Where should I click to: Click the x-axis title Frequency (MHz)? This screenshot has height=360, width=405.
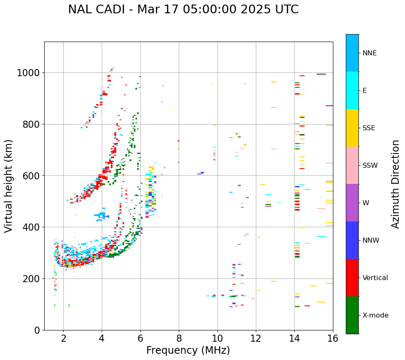click(188, 350)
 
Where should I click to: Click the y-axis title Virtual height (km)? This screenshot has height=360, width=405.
click(9, 186)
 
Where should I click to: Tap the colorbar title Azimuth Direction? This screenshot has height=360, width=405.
click(395, 184)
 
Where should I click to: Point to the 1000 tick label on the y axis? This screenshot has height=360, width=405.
click(28, 73)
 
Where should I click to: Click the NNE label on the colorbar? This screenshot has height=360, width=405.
click(369, 53)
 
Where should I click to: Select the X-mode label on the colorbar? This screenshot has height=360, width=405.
click(375, 315)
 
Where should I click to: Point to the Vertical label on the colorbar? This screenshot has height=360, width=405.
click(375, 278)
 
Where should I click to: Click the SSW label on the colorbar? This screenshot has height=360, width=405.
click(370, 166)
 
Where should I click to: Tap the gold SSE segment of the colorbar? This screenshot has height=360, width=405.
click(352, 128)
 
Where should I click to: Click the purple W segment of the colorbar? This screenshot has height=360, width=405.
click(352, 203)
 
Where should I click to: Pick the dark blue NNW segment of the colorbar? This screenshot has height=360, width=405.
click(352, 240)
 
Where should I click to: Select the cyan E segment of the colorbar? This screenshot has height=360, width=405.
click(352, 90)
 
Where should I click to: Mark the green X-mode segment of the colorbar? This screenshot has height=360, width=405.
click(352, 315)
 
